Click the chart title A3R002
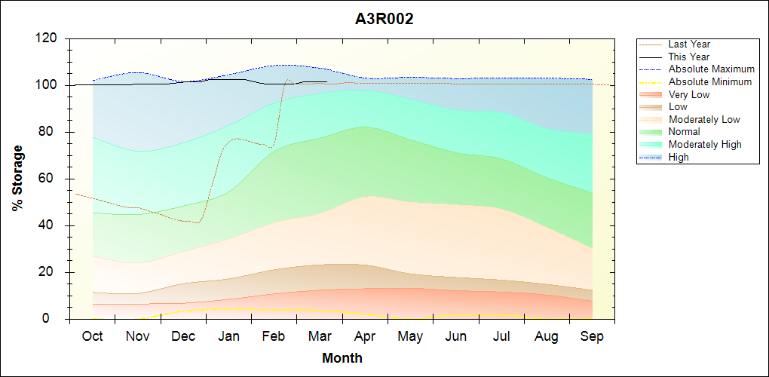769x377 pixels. pyautogui.click(x=384, y=20)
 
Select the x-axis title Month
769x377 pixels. pyautogui.click(x=342, y=358)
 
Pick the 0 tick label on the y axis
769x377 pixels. pyautogui.click(x=57, y=319)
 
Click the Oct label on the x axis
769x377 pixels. pyautogui.click(x=93, y=336)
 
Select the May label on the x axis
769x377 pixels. pyautogui.click(x=410, y=336)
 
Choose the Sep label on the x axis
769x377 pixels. pyautogui.click(x=592, y=336)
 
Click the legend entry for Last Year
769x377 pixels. pyautogui.click(x=689, y=44)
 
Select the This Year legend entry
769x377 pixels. pyautogui.click(x=689, y=57)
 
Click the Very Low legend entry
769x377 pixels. pyautogui.click(x=689, y=94)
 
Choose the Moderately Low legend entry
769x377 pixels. pyautogui.click(x=704, y=119)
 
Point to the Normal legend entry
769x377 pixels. pyautogui.click(x=685, y=132)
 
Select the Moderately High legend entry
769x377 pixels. pyautogui.click(x=705, y=144)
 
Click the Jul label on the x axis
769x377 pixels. pyautogui.click(x=501, y=336)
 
